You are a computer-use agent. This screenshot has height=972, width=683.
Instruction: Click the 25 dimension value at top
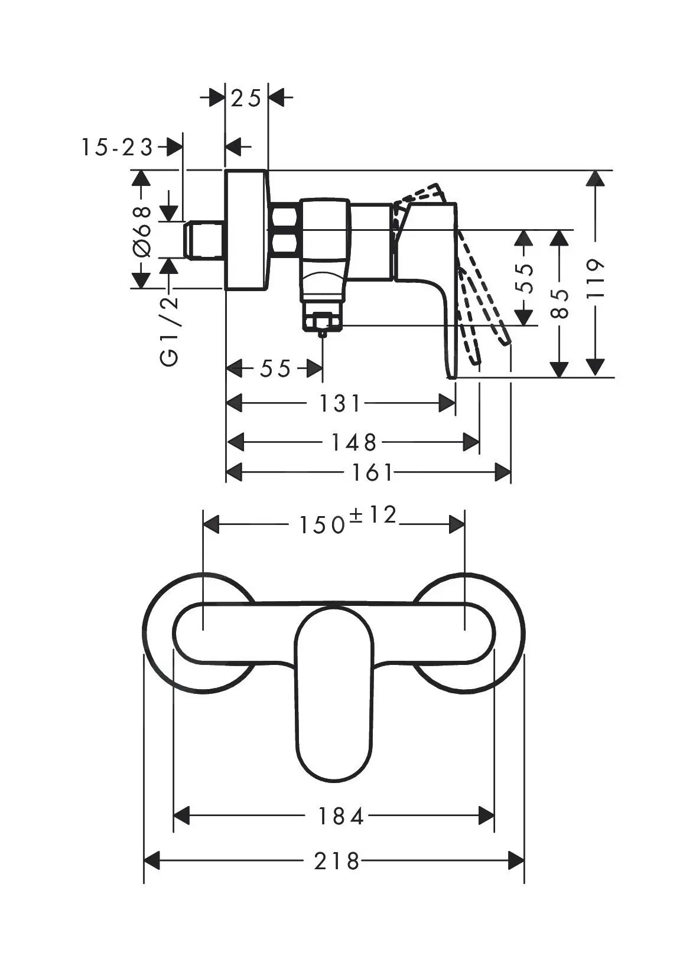click(246, 98)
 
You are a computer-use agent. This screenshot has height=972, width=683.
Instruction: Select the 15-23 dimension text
click(116, 147)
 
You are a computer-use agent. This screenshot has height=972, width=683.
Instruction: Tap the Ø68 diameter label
click(142, 233)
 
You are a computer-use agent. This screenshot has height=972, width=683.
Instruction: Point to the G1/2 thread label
click(170, 331)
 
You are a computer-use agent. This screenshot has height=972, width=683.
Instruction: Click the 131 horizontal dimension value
click(340, 404)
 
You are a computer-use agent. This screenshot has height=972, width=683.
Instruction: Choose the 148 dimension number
click(353, 441)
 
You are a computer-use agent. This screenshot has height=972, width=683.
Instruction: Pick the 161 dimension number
click(372, 472)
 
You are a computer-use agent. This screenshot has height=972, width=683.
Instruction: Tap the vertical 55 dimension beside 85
click(524, 278)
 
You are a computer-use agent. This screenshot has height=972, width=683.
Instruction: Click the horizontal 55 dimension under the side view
click(275, 369)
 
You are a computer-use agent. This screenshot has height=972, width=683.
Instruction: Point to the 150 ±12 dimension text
click(347, 521)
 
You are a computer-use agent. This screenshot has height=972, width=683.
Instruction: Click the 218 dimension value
click(336, 861)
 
